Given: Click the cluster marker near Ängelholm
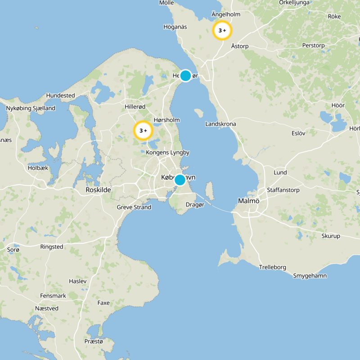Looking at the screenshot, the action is tap(222, 31).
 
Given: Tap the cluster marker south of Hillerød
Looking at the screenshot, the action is tap(143, 131).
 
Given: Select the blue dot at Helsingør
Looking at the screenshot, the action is tap(185, 76).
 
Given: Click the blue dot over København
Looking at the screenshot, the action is tap(180, 180).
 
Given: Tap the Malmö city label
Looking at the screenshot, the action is tap(248, 201).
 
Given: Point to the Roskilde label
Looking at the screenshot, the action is tap(98, 190).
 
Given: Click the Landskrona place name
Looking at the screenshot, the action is tap(220, 124).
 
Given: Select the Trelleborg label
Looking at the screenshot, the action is tap(272, 267).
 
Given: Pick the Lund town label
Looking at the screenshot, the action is tap(280, 173).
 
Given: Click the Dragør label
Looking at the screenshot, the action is tap(195, 205).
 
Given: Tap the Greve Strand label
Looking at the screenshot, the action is tap(134, 207).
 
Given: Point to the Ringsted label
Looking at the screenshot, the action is tap(52, 247).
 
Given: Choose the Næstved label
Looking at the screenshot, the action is tap(47, 309).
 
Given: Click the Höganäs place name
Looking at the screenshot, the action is tap(175, 27).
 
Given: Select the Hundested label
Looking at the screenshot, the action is tap(60, 96).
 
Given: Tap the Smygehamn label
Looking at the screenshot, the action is tap(310, 275).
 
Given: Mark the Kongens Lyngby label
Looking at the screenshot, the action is tap(167, 153).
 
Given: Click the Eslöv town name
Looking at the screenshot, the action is tap(298, 133).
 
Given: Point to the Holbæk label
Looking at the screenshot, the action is tap(37, 168).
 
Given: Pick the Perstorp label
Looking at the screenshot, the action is tap(313, 46).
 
